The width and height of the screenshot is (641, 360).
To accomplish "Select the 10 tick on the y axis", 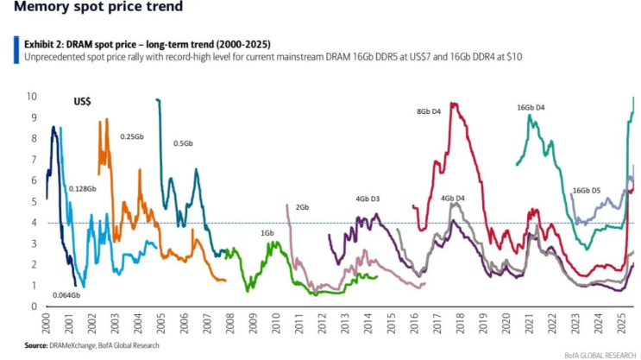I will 34,96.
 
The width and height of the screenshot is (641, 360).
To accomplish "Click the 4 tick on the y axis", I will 35,223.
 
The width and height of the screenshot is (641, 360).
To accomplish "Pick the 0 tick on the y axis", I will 35,306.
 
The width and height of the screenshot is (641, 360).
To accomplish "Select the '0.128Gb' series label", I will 83,188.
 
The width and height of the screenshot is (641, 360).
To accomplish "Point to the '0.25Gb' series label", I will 132,136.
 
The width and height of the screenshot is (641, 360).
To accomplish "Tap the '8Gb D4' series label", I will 430,111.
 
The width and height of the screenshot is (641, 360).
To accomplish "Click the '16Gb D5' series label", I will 587,190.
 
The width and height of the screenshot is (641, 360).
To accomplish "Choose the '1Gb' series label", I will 267,233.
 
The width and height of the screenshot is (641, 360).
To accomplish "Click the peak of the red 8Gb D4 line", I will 453,104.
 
